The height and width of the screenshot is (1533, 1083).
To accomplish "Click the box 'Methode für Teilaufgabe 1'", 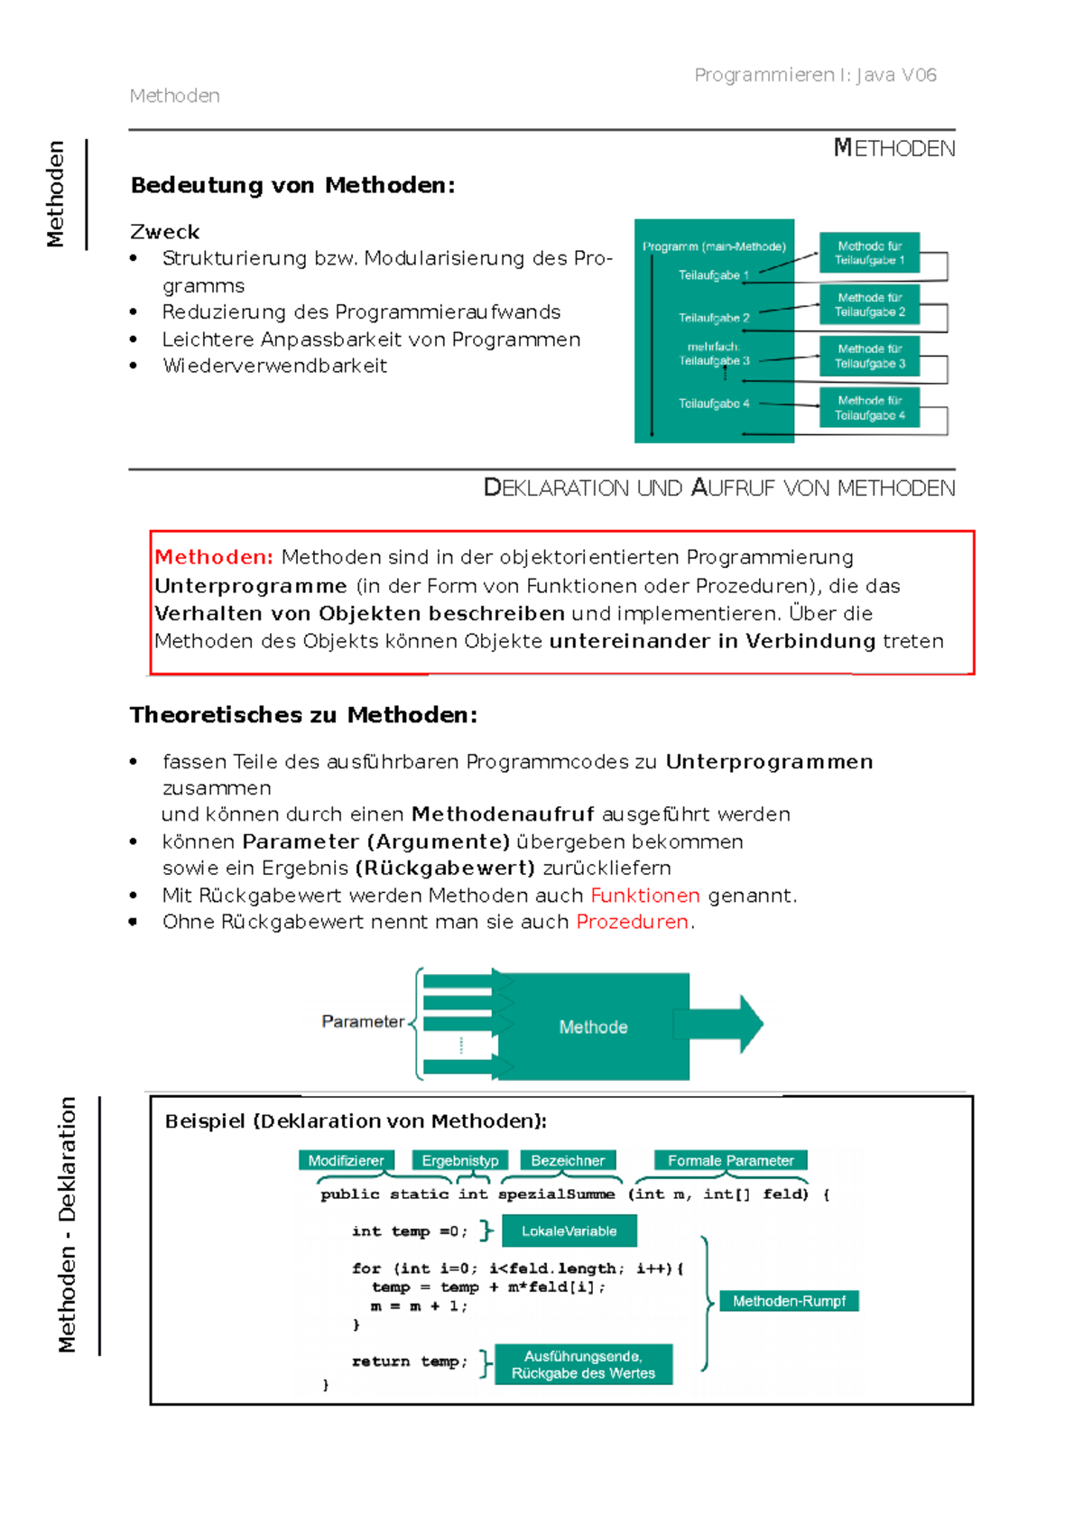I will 869,253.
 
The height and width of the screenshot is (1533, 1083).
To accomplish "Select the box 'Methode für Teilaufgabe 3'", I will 869,356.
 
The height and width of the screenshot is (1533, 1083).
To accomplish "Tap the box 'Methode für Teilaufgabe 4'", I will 869,408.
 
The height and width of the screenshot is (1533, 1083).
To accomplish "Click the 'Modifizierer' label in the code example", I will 346,1161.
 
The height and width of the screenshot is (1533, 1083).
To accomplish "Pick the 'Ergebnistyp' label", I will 460,1161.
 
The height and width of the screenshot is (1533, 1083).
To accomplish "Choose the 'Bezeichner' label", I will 568,1161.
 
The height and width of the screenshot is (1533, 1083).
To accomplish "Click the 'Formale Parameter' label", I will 730,1161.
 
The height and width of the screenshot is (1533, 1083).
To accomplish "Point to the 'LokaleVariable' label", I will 569,1231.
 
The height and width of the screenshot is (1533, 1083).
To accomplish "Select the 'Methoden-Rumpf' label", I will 789,1301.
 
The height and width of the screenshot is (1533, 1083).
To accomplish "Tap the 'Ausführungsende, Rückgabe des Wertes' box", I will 583,1365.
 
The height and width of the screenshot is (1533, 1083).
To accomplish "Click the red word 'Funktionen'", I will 645,896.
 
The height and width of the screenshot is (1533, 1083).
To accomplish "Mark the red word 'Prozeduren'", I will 633,922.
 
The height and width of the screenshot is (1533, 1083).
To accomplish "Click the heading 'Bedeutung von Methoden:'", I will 293,185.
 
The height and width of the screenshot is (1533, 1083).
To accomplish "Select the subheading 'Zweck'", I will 165,232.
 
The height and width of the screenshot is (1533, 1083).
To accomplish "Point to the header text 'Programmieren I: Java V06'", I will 815,75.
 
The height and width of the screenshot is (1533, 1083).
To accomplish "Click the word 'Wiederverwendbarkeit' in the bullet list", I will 275,366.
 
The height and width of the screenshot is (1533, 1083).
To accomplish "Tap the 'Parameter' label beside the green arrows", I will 363,1022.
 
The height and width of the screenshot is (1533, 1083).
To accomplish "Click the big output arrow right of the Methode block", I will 722,1024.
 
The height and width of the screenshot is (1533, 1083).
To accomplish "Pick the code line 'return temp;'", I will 410,1361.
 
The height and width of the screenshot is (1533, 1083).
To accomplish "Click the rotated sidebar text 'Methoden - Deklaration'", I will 68,1224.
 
